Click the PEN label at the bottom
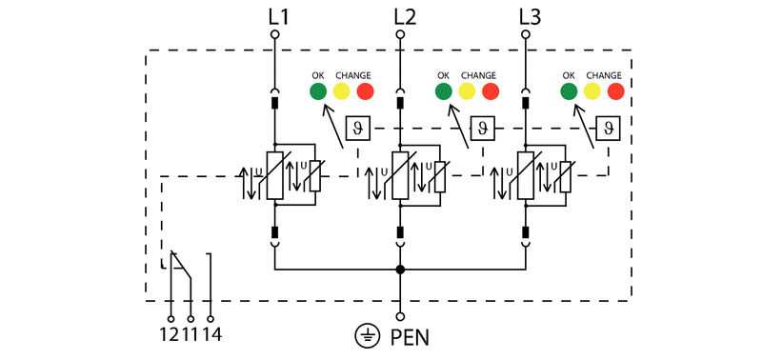411,336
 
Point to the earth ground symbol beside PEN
365,335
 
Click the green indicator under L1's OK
317,91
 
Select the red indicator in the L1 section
365,91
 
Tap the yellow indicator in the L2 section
467,91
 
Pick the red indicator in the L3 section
615,91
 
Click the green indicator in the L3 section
569,91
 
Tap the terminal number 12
170,334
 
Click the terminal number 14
212,334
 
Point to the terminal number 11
190,334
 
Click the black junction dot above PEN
400,270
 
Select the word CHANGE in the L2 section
479,75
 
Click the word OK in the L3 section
569,75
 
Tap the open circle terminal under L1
274,34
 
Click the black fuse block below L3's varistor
527,231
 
